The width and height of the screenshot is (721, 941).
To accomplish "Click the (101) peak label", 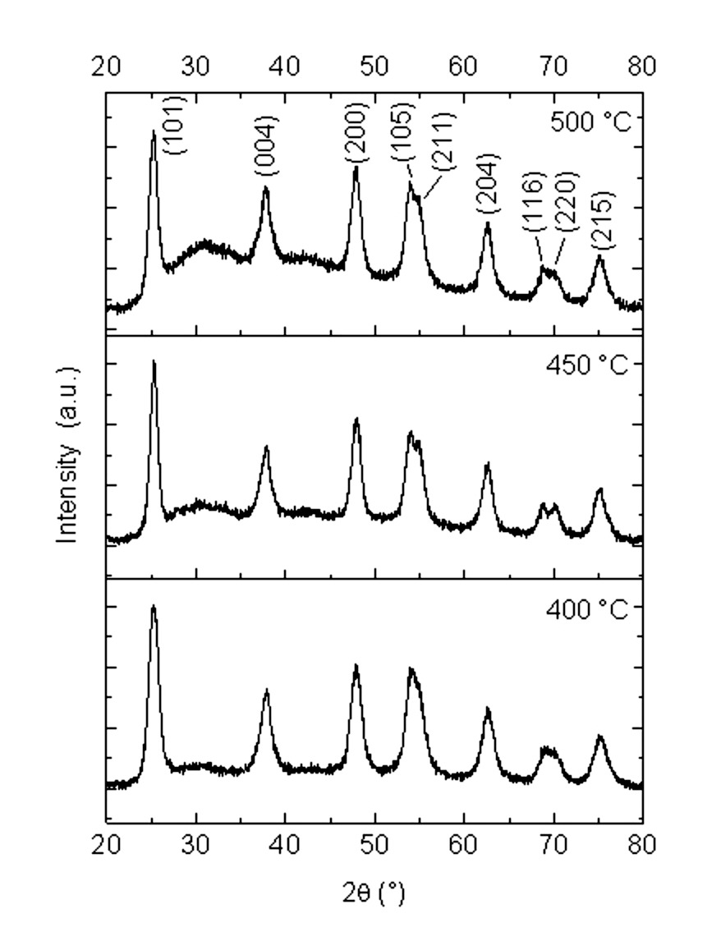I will [176, 126].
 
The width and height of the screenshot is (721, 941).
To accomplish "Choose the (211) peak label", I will [443, 141].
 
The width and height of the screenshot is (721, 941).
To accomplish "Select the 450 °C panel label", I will [586, 364].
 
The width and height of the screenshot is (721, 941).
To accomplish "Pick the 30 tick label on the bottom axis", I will [195, 844].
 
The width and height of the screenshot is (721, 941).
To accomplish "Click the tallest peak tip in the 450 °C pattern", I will [154, 361].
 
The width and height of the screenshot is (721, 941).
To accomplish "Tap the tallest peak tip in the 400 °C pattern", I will [153, 607].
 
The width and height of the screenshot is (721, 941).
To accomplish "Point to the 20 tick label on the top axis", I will [107, 66].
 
